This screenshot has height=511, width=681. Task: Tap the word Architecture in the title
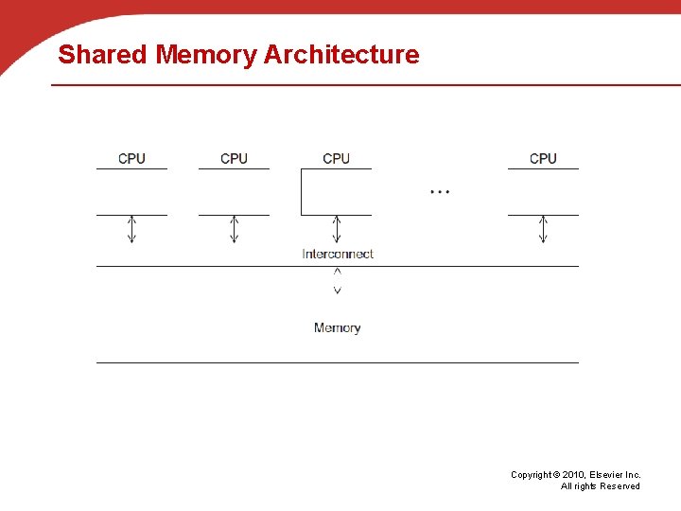[341, 55]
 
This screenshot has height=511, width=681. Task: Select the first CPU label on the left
[131, 158]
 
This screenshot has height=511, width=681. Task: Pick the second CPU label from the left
[234, 158]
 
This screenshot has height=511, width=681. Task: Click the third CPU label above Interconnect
[336, 158]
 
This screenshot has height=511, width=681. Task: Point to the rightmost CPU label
[543, 158]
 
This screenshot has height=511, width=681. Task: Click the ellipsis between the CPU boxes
[440, 191]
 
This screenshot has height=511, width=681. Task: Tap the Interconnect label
[338, 254]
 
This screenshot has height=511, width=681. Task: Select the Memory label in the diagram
[337, 327]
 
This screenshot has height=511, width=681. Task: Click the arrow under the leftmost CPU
[131, 229]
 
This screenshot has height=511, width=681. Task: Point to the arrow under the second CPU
[234, 229]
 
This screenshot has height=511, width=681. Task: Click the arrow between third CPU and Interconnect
[336, 229]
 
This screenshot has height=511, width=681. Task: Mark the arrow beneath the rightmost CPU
[543, 229]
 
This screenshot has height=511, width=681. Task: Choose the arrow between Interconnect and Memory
[337, 280]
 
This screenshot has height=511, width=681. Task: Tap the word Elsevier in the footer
[608, 475]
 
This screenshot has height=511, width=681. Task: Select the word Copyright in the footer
[531, 475]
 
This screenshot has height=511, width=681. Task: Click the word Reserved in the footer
[620, 486]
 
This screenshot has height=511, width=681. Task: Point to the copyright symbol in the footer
[556, 475]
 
